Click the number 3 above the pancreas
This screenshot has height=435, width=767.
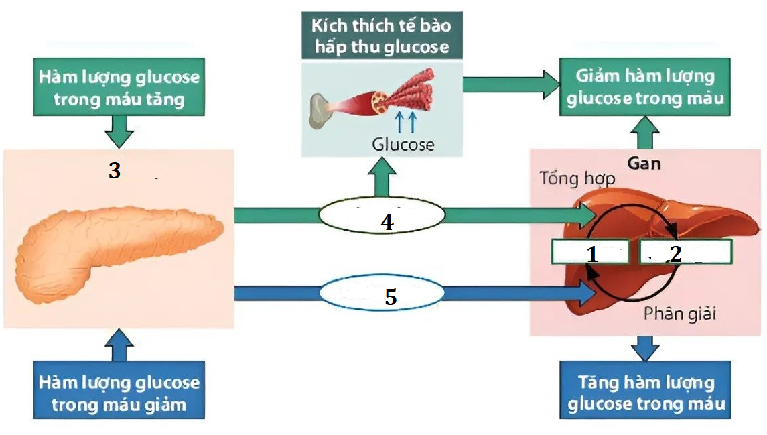click(115, 172)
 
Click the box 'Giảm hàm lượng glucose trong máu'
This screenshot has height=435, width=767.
click(645, 87)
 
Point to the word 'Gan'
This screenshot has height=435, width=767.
click(644, 163)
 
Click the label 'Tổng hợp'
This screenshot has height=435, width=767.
click(577, 180)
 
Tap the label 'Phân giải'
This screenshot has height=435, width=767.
click(679, 313)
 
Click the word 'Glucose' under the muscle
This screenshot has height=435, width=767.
click(403, 144)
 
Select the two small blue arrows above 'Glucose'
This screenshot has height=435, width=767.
click(405, 122)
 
